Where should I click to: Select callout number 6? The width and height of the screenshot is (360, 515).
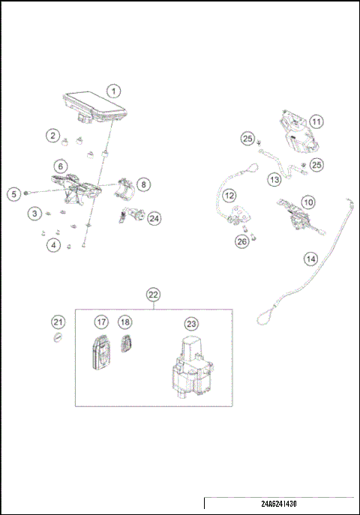60,166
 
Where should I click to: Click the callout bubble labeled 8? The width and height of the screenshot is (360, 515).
142,183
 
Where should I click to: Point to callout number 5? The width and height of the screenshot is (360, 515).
13,194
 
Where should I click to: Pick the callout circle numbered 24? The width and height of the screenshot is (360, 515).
154,218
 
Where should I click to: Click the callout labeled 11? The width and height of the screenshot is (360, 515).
316,121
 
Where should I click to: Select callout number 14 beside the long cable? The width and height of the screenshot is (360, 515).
310,259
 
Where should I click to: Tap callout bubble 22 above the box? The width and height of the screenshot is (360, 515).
153,294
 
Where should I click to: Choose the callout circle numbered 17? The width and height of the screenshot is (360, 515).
101,322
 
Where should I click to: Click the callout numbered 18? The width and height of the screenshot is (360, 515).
125,322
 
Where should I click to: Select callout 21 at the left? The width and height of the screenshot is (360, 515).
58,322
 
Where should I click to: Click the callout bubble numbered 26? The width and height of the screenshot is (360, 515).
241,241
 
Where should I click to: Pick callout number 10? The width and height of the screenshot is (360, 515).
308,202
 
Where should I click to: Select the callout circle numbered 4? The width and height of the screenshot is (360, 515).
53,245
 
